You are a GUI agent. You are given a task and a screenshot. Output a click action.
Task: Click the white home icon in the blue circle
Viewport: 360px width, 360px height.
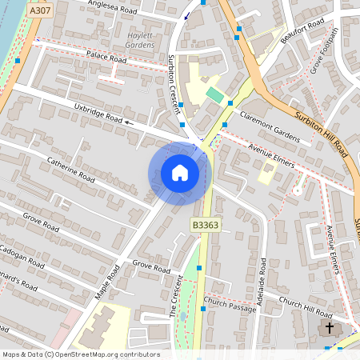(x=179, y=173)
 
